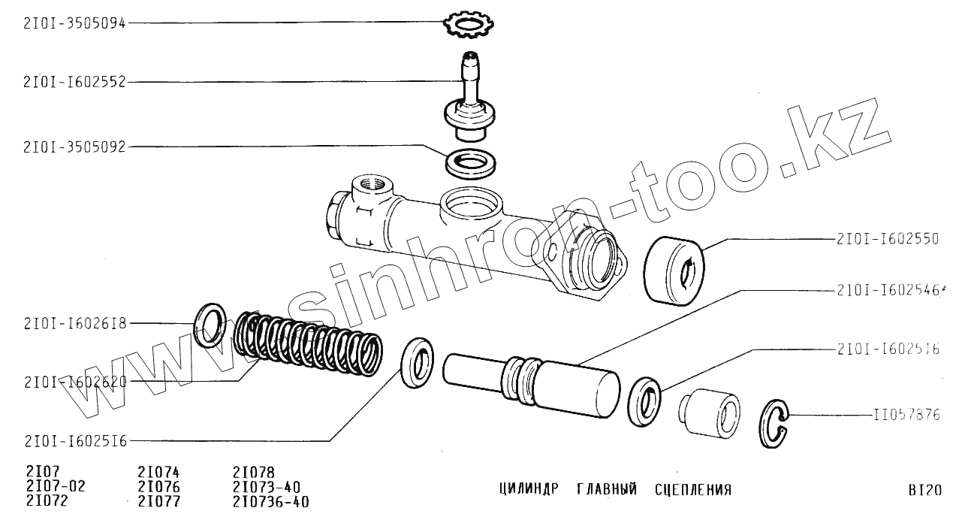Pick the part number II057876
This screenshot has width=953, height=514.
click(x=906, y=415)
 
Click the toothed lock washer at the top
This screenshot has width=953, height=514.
click(x=467, y=25)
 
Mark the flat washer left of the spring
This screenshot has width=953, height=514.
click(x=210, y=325)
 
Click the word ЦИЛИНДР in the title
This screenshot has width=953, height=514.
click(x=529, y=490)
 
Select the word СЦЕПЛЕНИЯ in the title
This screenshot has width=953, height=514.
click(x=692, y=490)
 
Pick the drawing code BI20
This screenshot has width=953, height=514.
click(x=924, y=490)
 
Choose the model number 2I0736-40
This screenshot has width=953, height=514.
click(x=270, y=501)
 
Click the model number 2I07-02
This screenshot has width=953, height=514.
click(x=56, y=486)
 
